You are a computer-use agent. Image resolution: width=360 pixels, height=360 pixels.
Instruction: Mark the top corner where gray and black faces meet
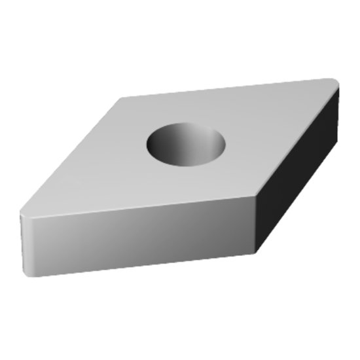click(256, 196)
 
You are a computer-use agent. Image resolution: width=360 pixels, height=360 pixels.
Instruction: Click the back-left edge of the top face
click(72, 157)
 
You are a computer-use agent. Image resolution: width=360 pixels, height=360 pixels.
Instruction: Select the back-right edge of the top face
click(229, 90)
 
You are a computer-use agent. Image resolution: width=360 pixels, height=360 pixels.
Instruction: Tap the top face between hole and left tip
click(98, 177)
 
